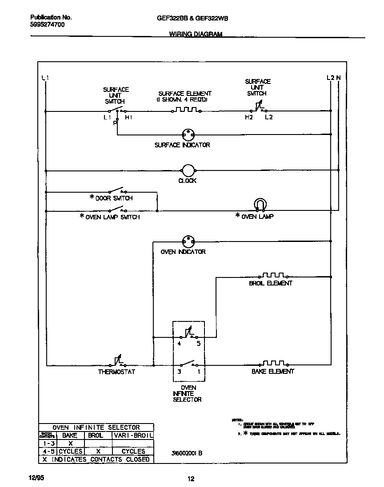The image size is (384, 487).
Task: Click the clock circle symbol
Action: point(188,170)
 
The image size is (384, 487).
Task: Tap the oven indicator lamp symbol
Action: point(188,242)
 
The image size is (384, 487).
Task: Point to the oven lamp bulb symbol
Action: point(260,204)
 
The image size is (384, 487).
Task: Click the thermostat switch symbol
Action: point(117,362)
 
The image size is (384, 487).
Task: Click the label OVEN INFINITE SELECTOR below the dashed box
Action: point(188,393)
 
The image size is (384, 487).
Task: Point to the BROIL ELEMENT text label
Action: point(271,283)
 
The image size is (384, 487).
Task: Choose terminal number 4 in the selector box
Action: point(180,343)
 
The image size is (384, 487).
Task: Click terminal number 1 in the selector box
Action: point(198,372)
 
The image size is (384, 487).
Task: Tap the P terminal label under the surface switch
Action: point(115,123)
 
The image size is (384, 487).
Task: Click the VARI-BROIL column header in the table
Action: point(133,436)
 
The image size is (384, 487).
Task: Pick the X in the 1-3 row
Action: point(70,443)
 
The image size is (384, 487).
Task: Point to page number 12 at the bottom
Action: point(191,479)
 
